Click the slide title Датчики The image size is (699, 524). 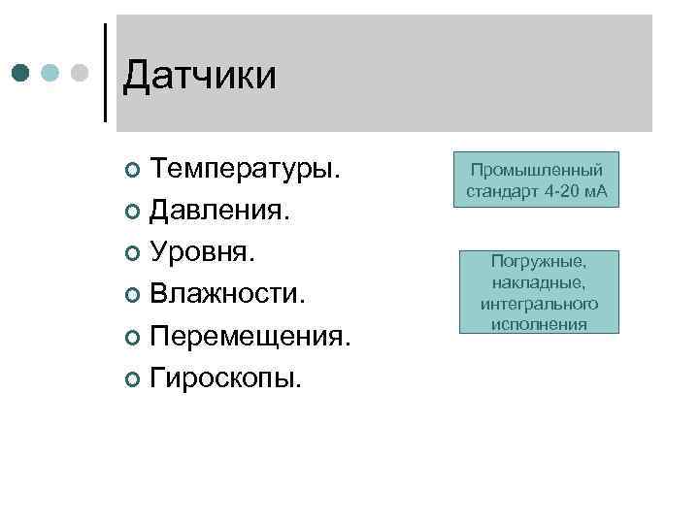pos(200,76)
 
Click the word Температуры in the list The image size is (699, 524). pos(245,169)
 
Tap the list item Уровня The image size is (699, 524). pos(204,251)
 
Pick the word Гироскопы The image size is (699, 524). pos(226,376)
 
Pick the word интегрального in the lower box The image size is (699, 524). pos(539,304)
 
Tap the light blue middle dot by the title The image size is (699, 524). pos(51,73)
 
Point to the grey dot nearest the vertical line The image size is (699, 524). pos(80,73)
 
